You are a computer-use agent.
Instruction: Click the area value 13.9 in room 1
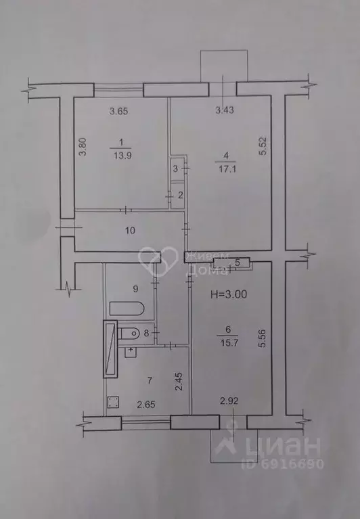(x=122, y=155)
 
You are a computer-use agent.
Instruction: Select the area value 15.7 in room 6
(x=229, y=343)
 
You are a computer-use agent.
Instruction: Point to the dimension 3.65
(x=118, y=111)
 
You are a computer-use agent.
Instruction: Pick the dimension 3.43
(x=225, y=110)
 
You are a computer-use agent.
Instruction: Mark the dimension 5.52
(x=263, y=146)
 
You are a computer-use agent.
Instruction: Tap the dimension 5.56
(x=263, y=338)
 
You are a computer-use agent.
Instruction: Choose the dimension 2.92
(x=229, y=401)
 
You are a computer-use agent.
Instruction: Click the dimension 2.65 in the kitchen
(x=146, y=404)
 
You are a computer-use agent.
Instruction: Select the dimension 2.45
(x=179, y=382)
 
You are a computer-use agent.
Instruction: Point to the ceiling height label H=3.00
(x=229, y=294)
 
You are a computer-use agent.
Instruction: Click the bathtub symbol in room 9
(x=127, y=309)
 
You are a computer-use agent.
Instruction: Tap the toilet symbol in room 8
(x=131, y=333)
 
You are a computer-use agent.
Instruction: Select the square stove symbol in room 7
(x=114, y=403)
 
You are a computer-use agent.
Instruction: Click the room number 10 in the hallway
(x=131, y=230)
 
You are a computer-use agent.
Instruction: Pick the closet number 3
(x=175, y=168)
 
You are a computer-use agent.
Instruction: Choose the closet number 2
(x=180, y=195)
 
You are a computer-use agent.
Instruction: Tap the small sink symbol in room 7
(x=131, y=352)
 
